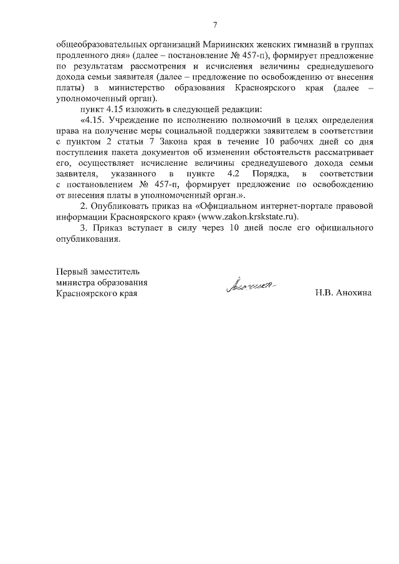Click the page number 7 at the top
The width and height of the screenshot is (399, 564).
(x=214, y=26)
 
